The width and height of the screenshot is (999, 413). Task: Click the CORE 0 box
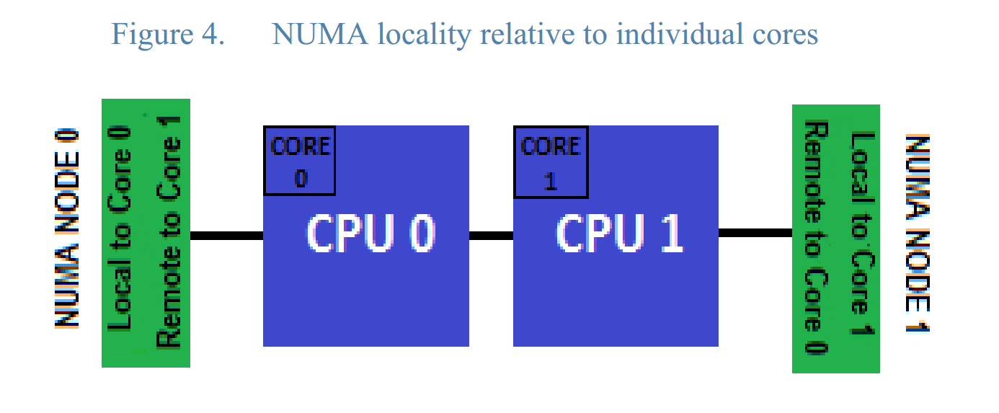(300, 161)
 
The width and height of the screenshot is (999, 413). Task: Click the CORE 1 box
(549, 161)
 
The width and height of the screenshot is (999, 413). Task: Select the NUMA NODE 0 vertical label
(67, 229)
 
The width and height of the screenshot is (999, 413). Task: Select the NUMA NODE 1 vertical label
(917, 234)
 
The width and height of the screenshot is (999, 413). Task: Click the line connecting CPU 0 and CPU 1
(491, 235)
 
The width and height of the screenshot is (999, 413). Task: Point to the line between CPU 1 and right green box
(755, 233)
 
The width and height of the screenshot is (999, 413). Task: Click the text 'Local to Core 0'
(123, 229)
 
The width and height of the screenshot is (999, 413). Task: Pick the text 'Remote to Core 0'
(815, 238)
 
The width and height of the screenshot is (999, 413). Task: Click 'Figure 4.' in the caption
(167, 34)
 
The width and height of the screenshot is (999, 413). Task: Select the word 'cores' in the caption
(781, 34)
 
